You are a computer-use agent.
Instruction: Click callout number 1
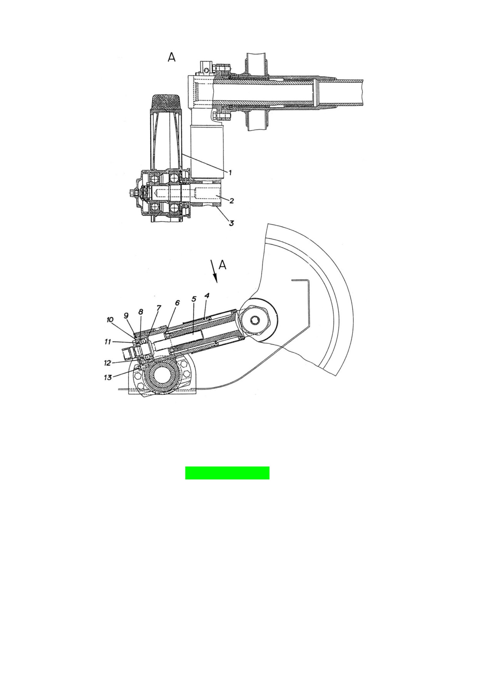click(x=230, y=172)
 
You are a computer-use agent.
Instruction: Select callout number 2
click(x=232, y=200)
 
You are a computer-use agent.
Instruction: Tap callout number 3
click(x=231, y=223)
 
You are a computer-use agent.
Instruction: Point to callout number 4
click(x=207, y=296)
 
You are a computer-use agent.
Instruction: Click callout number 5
click(x=194, y=299)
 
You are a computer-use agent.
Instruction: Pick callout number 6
click(x=177, y=303)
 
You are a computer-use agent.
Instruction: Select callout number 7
click(x=159, y=308)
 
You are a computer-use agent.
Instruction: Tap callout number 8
click(x=141, y=311)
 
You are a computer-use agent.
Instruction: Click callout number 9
click(x=126, y=315)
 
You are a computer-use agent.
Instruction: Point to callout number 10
click(x=110, y=320)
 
